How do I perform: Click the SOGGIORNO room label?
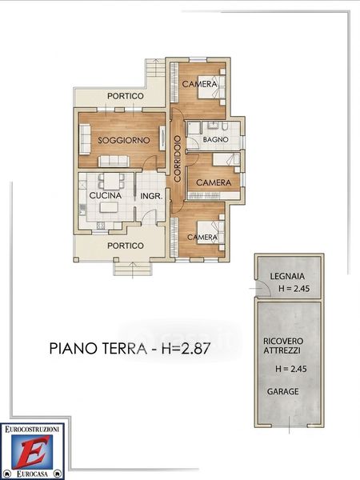(124, 141)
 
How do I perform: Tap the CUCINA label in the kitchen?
(106, 195)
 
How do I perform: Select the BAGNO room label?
(215, 139)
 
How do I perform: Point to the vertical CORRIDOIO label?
(178, 159)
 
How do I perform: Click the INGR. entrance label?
(151, 196)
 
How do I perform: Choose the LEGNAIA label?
(287, 277)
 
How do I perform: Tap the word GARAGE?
(283, 391)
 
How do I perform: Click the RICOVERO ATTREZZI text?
(283, 346)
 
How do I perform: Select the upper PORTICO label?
(126, 96)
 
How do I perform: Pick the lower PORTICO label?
(126, 246)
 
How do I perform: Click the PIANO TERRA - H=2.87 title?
(130, 348)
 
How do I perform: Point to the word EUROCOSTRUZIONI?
(32, 429)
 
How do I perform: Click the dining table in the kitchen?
(111, 182)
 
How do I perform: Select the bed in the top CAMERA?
(212, 87)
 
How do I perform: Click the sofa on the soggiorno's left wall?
(85, 139)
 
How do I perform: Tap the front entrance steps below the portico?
(133, 269)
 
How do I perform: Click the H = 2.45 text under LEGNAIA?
(294, 288)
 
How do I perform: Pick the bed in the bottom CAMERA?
(211, 233)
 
